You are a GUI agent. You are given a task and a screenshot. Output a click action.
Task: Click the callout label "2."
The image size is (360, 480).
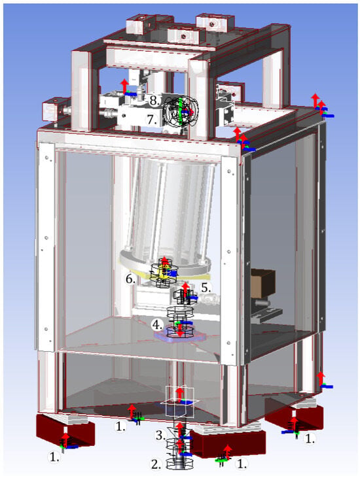click(x=156, y=464)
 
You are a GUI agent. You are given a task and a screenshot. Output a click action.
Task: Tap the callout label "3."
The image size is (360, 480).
click(x=160, y=436)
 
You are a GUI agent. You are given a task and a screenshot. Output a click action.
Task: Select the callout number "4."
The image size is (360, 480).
click(x=158, y=325)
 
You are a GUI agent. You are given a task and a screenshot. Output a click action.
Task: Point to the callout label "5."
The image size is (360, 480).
click(x=206, y=288)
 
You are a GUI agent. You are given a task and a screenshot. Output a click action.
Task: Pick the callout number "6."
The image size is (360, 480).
click(x=131, y=279)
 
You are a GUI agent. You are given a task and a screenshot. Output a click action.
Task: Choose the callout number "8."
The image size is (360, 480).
click(x=154, y=101)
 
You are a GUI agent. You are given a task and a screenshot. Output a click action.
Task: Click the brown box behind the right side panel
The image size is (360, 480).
click(x=262, y=283)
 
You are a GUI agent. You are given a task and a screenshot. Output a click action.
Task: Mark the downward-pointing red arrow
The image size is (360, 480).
click(x=180, y=331)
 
